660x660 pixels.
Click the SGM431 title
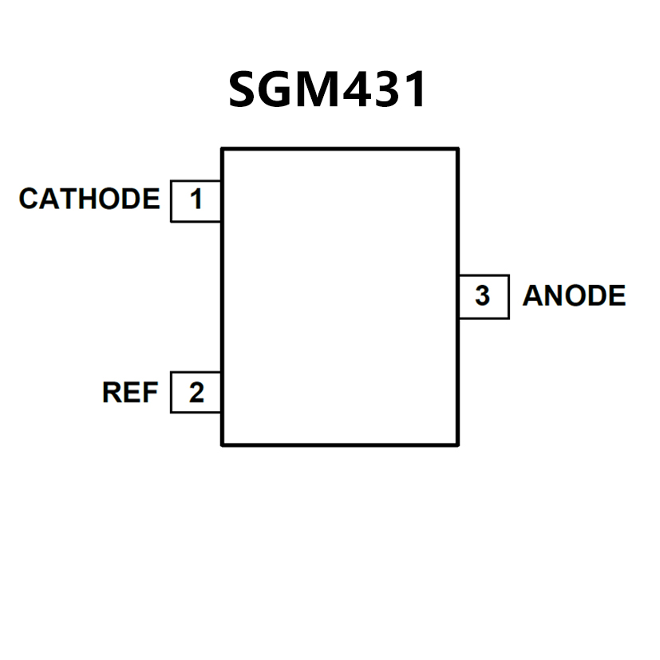(328, 90)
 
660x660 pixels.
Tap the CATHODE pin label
(89, 199)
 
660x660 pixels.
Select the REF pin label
(130, 393)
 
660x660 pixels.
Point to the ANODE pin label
(574, 296)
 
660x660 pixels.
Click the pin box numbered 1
(196, 199)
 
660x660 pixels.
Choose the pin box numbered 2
(196, 393)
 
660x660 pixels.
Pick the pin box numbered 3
(483, 296)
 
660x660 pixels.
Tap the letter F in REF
(150, 393)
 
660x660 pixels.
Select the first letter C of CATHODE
(29, 199)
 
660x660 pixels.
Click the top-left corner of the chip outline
(222, 148)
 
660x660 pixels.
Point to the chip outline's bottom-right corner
(458, 445)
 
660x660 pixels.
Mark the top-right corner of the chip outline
(458, 148)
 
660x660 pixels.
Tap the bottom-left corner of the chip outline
(222, 445)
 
